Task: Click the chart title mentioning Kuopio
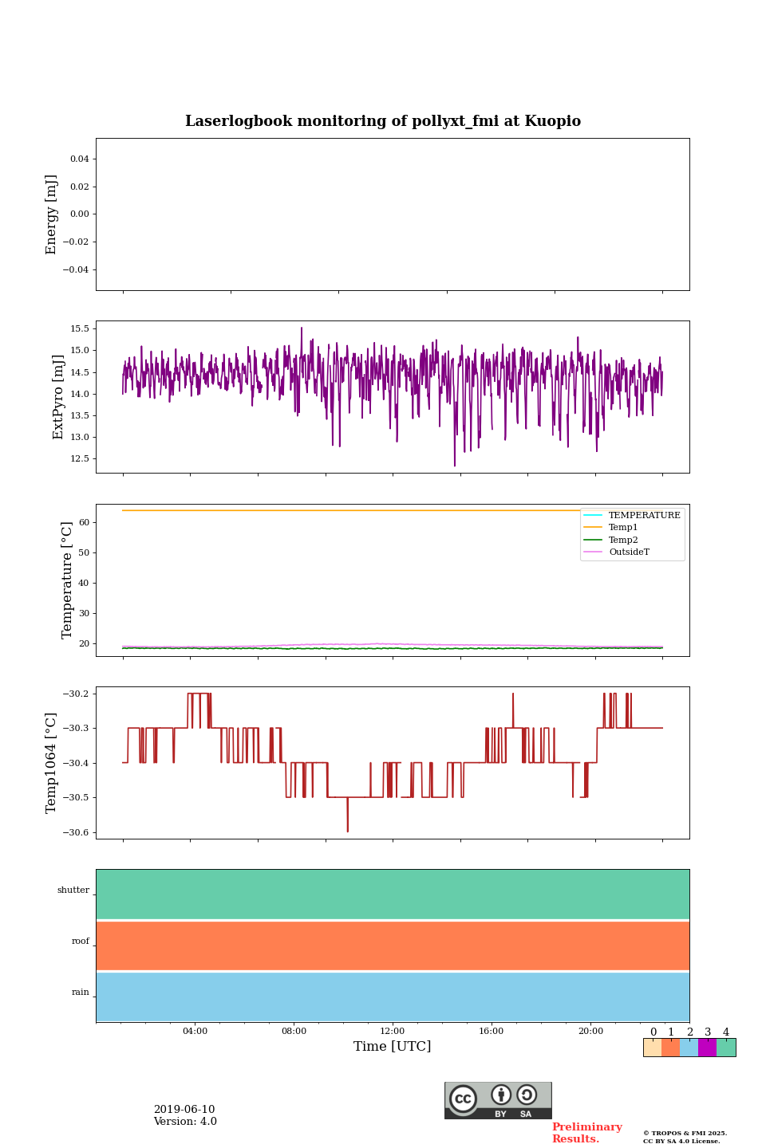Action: [383, 121]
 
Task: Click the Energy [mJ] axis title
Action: [52, 214]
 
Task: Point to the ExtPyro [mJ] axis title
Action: [58, 397]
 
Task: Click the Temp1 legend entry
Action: [623, 528]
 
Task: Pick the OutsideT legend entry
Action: [629, 552]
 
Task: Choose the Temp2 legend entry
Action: [623, 540]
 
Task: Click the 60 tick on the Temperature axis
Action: [85, 522]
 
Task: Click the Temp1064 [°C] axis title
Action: [52, 763]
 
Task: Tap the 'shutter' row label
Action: [73, 890]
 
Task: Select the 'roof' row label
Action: [81, 942]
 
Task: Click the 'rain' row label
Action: [81, 993]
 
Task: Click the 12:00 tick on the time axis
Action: [393, 1031]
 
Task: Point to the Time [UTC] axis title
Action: [393, 1047]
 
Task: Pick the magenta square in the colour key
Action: [707, 1048]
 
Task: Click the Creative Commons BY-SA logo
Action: [498, 1100]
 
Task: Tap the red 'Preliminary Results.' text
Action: [586, 1133]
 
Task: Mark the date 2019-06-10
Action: [184, 1110]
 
